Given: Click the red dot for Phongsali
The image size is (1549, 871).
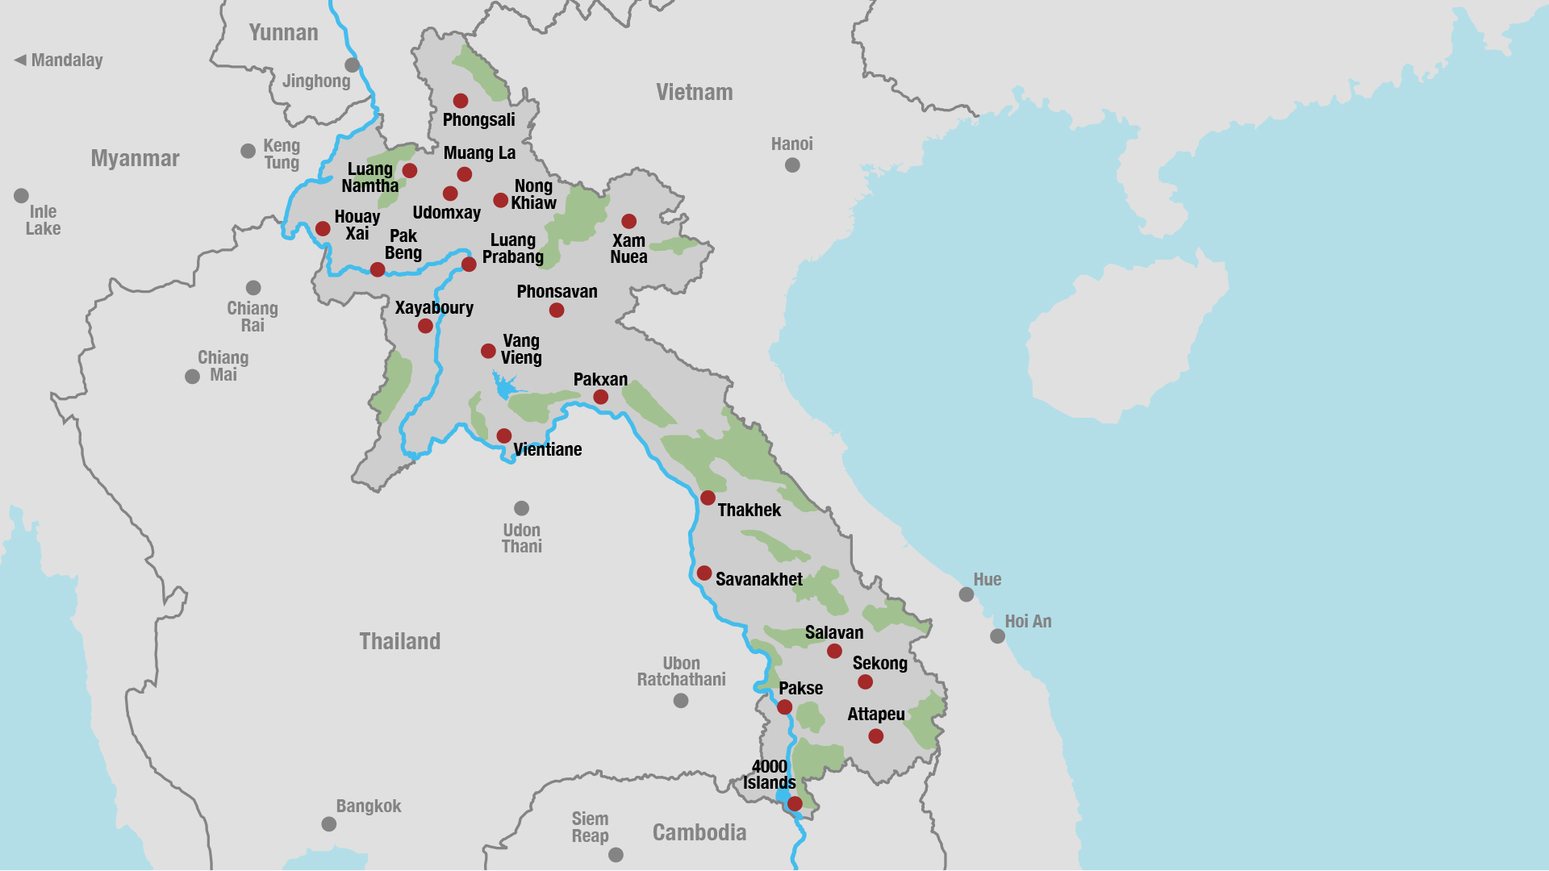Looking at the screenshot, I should point(461,101).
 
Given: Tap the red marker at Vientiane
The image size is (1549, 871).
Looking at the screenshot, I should point(504,436).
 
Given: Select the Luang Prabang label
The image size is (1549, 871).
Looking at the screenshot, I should point(513,248).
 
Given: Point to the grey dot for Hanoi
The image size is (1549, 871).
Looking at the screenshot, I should point(792,165).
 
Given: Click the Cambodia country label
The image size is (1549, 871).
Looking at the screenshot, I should point(699,832).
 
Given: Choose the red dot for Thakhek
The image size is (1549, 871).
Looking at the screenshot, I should point(708,498).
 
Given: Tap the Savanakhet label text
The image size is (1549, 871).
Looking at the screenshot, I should point(758,579).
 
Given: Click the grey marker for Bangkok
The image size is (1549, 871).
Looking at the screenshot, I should point(329,824).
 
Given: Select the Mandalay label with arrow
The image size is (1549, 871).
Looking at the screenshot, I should point(59,60).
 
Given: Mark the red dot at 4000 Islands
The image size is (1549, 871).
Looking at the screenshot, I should point(795,803).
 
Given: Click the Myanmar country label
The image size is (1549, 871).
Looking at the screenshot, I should point(135,158).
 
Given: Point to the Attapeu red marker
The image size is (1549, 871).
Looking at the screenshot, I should point(875,736).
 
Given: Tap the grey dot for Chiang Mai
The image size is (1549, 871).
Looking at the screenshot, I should point(192,377).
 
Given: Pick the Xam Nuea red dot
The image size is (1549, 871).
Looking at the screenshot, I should point(629,221).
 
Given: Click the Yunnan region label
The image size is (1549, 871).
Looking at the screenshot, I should point(283,32).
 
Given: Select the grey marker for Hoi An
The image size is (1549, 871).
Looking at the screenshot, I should point(998,636).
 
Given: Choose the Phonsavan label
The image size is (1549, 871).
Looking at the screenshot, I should point(557,291).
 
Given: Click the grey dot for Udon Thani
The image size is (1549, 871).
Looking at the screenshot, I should point(522,508).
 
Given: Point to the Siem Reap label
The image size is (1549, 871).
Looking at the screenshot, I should point(590,827).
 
